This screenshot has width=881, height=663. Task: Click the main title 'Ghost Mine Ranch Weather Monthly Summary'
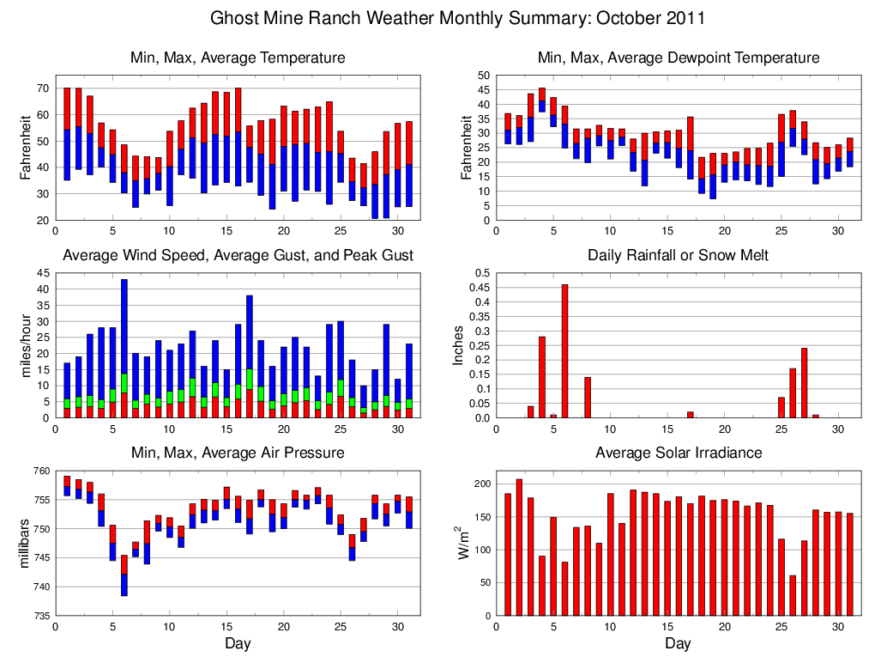(458, 18)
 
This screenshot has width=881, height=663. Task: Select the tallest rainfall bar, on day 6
(564, 351)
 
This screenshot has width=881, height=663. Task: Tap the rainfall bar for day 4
(542, 377)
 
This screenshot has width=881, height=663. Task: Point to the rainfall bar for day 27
(805, 383)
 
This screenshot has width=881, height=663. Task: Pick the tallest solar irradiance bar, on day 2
(519, 547)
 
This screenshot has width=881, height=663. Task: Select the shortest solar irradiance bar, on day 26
(793, 595)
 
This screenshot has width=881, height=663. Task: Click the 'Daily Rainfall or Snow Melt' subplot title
(678, 255)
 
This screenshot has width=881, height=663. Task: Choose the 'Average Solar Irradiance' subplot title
(678, 453)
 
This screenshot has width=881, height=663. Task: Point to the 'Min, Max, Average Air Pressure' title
(238, 453)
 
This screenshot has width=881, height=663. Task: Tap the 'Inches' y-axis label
(459, 345)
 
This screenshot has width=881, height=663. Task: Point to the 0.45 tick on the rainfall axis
(480, 288)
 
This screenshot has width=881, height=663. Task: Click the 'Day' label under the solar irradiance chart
(678, 643)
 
